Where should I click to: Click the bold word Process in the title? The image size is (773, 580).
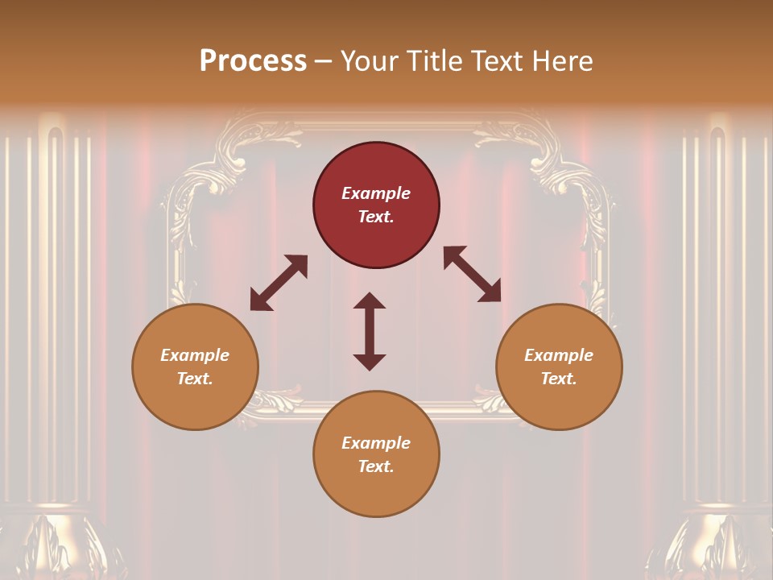click(x=253, y=61)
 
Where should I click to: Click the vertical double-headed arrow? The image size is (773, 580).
click(x=370, y=332)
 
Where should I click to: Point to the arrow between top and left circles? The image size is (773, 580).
click(x=279, y=283)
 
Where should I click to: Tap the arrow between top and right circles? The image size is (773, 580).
click(x=472, y=275)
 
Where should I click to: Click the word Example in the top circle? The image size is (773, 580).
click(x=376, y=193)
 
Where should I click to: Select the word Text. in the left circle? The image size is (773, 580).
click(x=195, y=379)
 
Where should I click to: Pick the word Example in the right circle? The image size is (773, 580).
click(x=559, y=355)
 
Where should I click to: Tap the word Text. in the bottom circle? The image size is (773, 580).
click(x=376, y=466)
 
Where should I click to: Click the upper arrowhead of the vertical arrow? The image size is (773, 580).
click(x=370, y=300)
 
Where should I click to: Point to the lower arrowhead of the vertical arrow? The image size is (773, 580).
click(x=370, y=362)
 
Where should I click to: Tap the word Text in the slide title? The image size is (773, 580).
click(x=495, y=61)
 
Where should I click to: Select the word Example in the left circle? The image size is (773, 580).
click(x=195, y=355)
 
